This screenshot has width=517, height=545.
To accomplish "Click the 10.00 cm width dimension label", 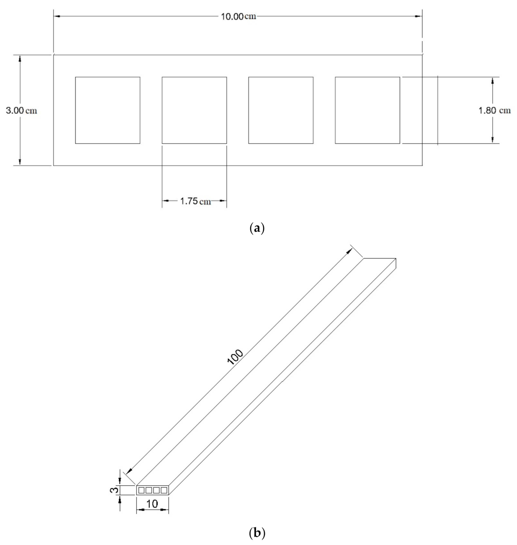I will [238, 17].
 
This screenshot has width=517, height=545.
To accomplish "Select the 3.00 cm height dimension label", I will [21, 111].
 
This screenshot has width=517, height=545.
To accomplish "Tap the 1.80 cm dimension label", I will [494, 111].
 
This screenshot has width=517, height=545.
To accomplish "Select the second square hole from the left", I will [194, 110].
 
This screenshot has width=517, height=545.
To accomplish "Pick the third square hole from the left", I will [281, 110].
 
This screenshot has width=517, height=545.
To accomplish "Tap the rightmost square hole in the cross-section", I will [367, 110].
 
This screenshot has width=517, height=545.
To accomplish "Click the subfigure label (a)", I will [257, 229].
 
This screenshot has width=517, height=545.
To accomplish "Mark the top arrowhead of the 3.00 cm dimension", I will [20, 58].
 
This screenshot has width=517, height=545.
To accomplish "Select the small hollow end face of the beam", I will [153, 490].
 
